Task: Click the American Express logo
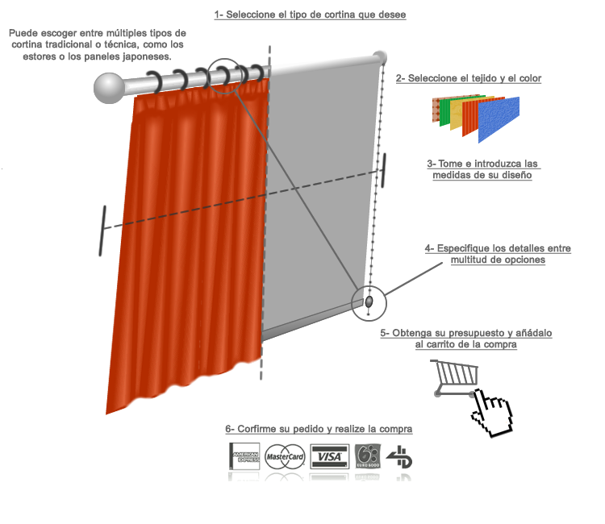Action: (x=245, y=457)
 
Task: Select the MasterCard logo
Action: (x=284, y=457)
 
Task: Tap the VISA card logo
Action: (x=328, y=457)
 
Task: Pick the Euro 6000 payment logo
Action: (x=367, y=457)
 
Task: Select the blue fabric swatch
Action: (x=499, y=120)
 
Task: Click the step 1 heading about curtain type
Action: (x=310, y=15)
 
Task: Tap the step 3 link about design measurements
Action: (x=483, y=169)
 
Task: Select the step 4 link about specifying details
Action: (x=499, y=254)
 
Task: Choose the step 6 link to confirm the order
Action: (x=319, y=429)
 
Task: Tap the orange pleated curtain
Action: (x=194, y=242)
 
